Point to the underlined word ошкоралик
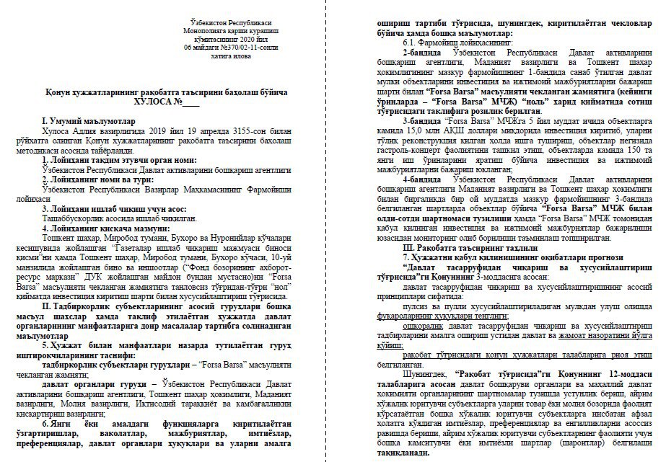pos(426,325)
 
